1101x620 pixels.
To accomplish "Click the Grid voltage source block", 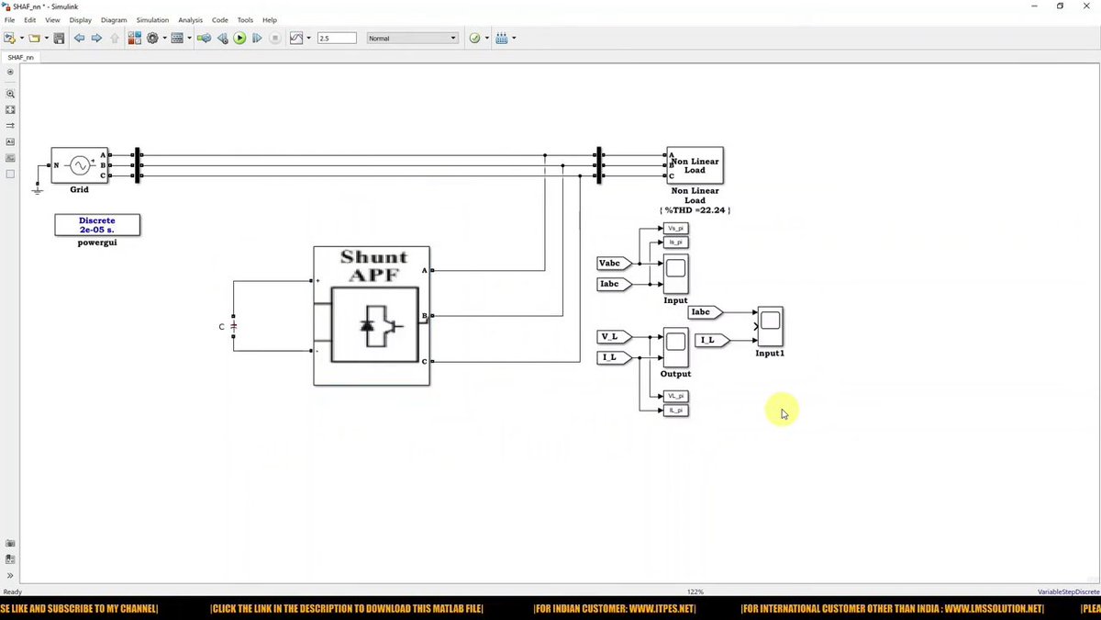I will coord(79,165).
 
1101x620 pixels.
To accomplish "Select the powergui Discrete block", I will coord(97,225).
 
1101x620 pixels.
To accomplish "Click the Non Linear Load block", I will coord(695,165).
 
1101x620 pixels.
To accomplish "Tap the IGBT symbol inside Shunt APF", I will coord(375,325).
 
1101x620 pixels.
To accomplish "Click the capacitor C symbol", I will coord(233,326).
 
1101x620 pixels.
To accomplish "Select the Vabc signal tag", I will coord(612,264).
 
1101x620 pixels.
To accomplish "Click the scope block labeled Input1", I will coord(770,326).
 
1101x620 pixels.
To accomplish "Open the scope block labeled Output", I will coord(675,346).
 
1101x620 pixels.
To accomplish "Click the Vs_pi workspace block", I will coord(675,228).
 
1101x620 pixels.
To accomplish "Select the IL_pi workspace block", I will coord(675,410).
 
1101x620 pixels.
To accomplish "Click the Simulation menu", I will coord(152,19).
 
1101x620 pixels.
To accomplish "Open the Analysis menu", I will coord(190,19).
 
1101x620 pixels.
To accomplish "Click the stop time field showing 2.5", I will coord(336,38).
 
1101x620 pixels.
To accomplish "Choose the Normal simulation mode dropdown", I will coord(412,38).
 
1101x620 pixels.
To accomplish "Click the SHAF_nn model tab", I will coord(20,57).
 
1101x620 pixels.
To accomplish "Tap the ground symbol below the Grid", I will coord(38,189).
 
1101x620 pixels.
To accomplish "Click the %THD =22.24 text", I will coord(695,210).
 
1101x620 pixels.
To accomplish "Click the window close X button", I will coord(1086,6).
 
